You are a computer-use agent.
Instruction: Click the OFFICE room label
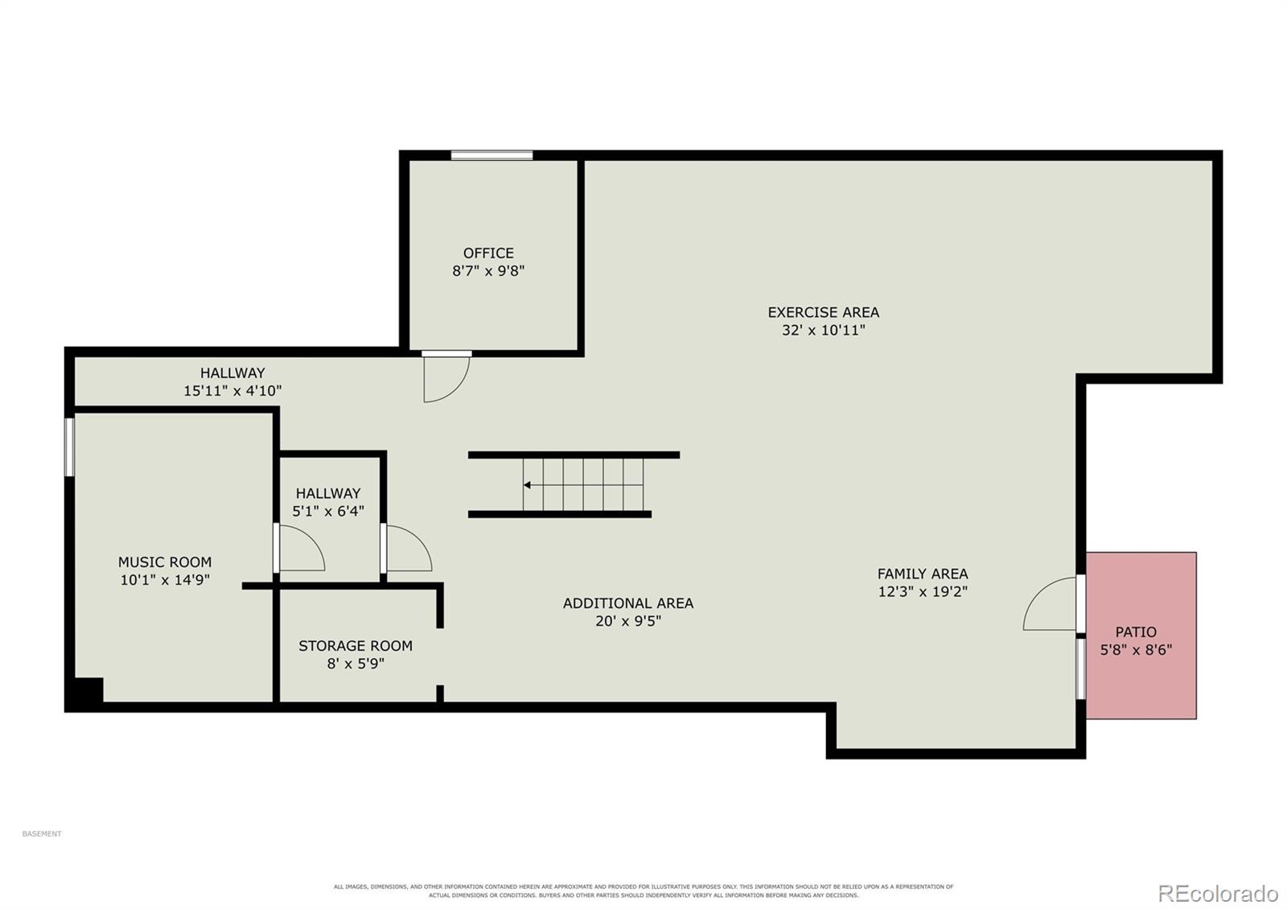(x=487, y=253)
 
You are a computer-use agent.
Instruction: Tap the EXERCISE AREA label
(x=823, y=313)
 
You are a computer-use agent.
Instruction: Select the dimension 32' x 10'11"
(x=823, y=331)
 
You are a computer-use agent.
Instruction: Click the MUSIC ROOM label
(x=165, y=562)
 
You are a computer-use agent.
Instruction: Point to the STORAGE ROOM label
(x=355, y=646)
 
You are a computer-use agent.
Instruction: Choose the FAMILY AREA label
(x=922, y=574)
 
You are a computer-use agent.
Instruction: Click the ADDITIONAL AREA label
(x=628, y=603)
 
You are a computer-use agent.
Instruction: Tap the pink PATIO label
(x=1135, y=632)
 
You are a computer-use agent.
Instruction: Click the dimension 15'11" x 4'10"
(x=232, y=391)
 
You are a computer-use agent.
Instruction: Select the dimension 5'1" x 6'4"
(x=328, y=511)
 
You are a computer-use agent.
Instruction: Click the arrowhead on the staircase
(x=527, y=485)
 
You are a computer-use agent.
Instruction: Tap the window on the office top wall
(x=491, y=155)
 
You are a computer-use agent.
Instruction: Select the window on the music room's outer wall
(x=69, y=447)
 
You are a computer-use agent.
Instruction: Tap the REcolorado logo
(x=1218, y=894)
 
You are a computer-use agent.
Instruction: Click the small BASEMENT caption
(x=41, y=833)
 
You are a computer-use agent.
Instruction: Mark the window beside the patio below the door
(x=1081, y=668)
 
